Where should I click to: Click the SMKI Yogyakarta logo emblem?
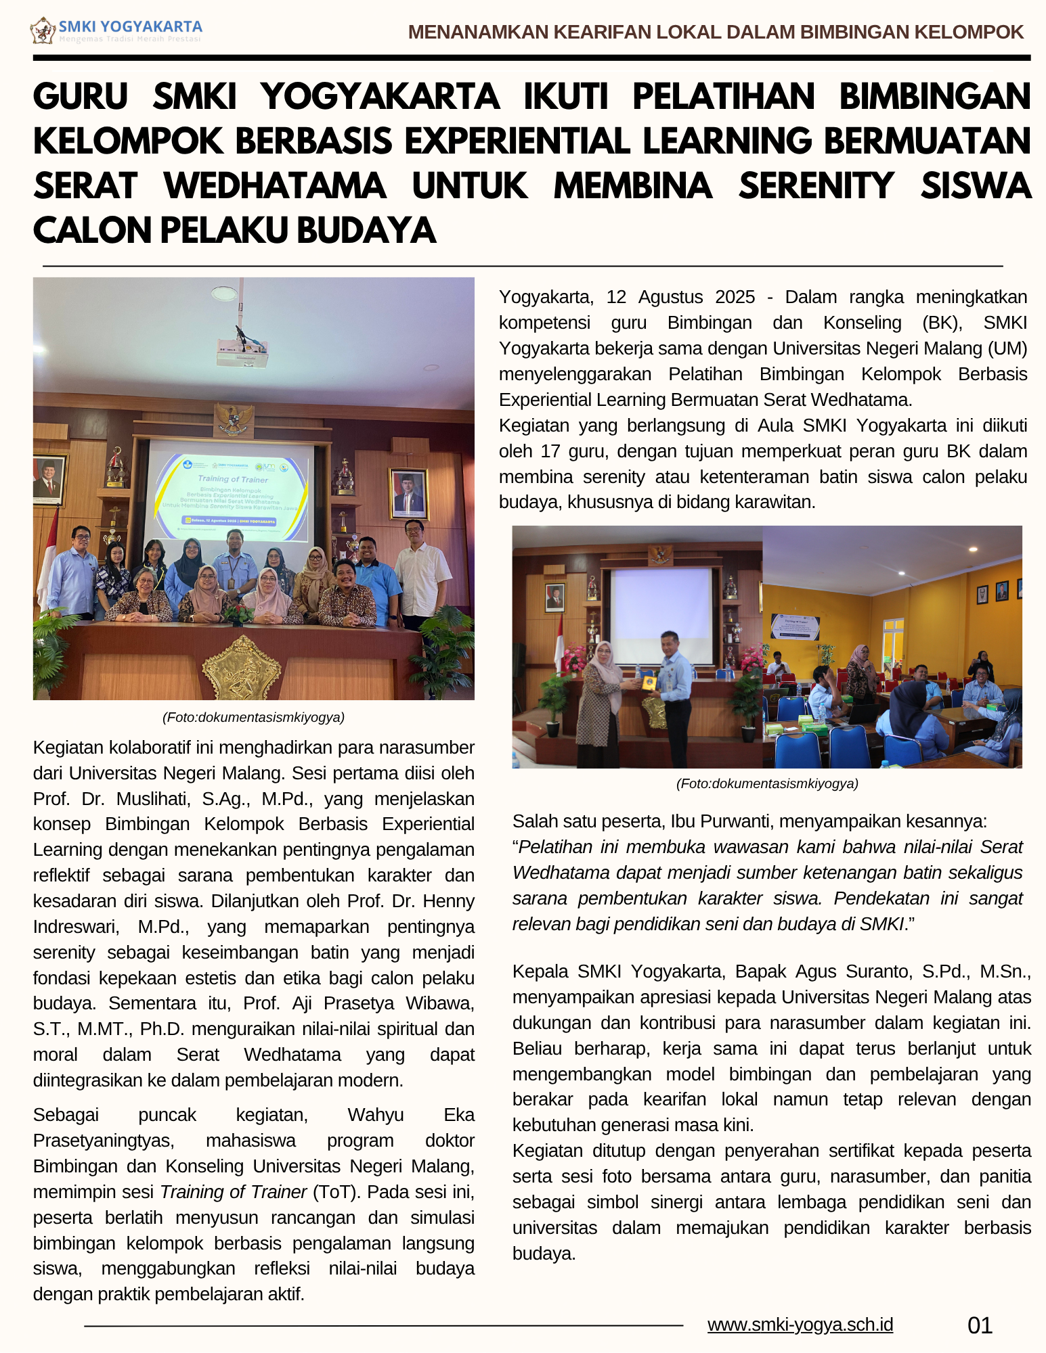pyautogui.click(x=43, y=31)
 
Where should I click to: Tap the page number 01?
pyautogui.click(x=980, y=1325)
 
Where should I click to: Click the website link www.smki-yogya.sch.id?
pyautogui.click(x=800, y=1325)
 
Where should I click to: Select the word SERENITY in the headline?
pyautogui.click(x=816, y=186)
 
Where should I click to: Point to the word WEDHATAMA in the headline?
pyautogui.click(x=275, y=186)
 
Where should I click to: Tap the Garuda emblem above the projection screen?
pyautogui.click(x=233, y=419)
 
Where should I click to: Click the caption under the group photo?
pyautogui.click(x=253, y=717)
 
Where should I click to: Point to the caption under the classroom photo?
pyautogui.click(x=766, y=783)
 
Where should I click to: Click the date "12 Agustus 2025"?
pyautogui.click(x=680, y=297)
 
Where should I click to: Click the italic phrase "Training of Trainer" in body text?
pyautogui.click(x=234, y=1192)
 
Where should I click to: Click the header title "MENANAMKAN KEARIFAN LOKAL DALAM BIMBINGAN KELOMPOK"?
pyautogui.click(x=716, y=32)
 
